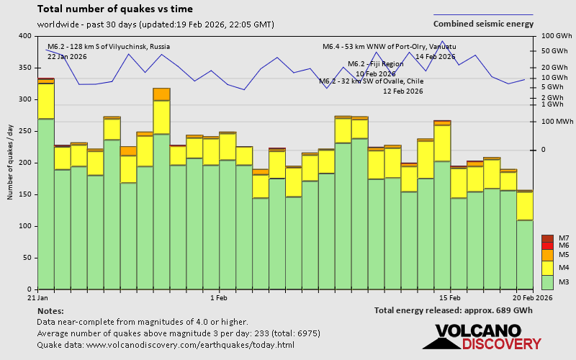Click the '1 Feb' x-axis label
pos(219,297)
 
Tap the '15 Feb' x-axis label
pos(449,297)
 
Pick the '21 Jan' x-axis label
pos(37,297)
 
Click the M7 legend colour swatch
pos(547,238)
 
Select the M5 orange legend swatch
pos(547,255)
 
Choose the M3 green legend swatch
pos(547,282)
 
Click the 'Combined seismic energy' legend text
pos(483,23)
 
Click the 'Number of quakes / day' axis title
pos(10,162)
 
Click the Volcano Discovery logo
pos(481,337)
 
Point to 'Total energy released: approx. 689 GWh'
pos(453,310)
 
